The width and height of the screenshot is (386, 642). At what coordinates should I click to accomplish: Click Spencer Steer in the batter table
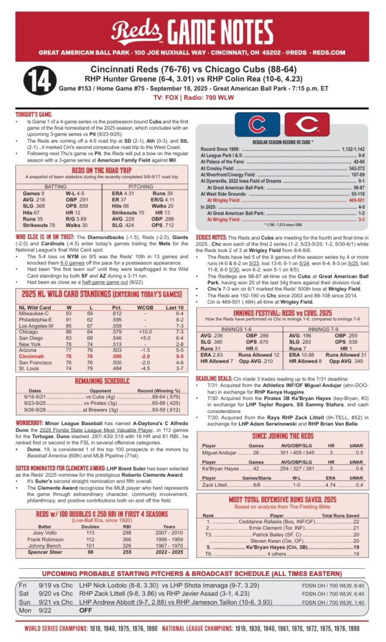click(45, 552)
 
